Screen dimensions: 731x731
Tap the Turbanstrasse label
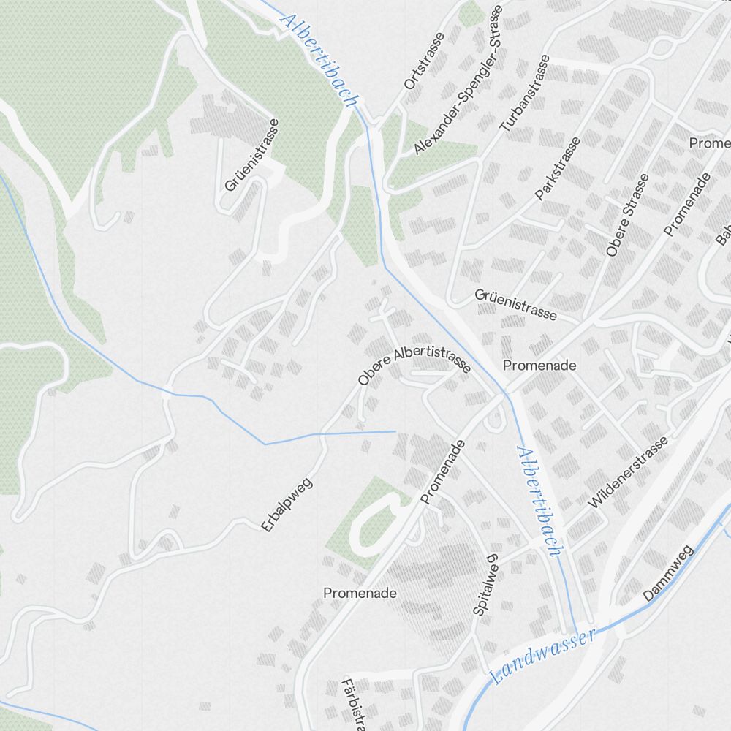pyautogui.click(x=524, y=93)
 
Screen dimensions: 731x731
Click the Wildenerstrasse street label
pyautogui.click(x=628, y=472)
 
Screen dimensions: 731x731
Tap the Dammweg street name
pyautogui.click(x=667, y=582)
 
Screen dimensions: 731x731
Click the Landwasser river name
pyautogui.click(x=542, y=656)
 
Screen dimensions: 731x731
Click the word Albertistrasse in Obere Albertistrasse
pyautogui.click(x=433, y=357)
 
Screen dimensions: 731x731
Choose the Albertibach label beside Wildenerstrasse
pyautogui.click(x=539, y=501)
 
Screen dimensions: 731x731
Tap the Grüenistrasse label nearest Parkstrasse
pyautogui.click(x=516, y=305)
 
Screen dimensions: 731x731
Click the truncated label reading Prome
pyautogui.click(x=709, y=143)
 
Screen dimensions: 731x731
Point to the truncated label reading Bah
pyautogui.click(x=723, y=233)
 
